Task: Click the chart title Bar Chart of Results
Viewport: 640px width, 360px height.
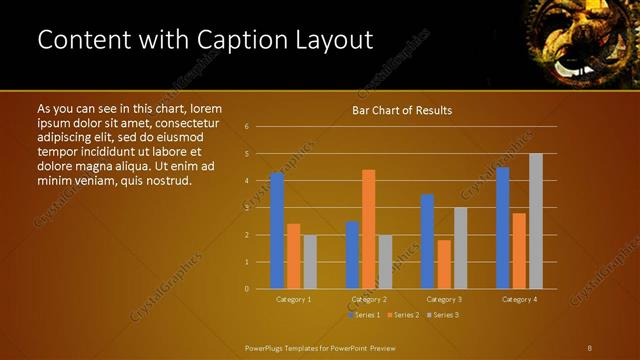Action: pyautogui.click(x=402, y=110)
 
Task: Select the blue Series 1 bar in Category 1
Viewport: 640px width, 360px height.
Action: pyautogui.click(x=277, y=231)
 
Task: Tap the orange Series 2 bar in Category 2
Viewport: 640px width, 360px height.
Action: pyautogui.click(x=368, y=229)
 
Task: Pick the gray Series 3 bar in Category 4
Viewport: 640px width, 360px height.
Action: pyautogui.click(x=536, y=221)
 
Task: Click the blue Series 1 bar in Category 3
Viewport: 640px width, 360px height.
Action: pyautogui.click(x=427, y=241)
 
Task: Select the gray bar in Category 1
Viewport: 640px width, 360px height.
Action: pyautogui.click(x=310, y=262)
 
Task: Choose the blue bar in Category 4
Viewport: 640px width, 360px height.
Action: pyautogui.click(x=503, y=228)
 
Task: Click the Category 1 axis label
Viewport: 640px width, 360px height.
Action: pyautogui.click(x=293, y=299)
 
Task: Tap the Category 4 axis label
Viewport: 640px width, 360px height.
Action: pyautogui.click(x=519, y=299)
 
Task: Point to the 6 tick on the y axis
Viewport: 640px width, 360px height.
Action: pyautogui.click(x=247, y=127)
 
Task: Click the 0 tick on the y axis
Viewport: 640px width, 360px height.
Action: pyautogui.click(x=247, y=289)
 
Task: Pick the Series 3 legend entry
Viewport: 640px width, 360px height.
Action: pyautogui.click(x=443, y=315)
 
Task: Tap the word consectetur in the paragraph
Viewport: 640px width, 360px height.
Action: pyautogui.click(x=181, y=123)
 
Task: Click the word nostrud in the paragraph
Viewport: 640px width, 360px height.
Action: pyautogui.click(x=166, y=181)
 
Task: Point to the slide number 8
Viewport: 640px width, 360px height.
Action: pyautogui.click(x=590, y=347)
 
